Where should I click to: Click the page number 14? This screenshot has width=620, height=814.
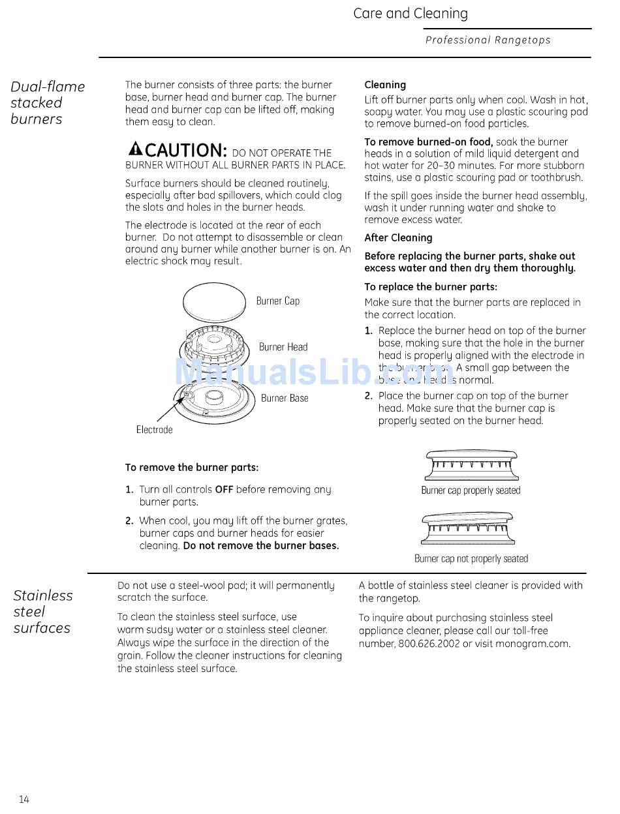(x=24, y=800)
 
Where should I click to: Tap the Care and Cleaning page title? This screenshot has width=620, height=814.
(x=410, y=14)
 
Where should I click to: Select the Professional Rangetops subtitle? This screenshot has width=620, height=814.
(x=488, y=40)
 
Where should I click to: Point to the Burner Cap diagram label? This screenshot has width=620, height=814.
(x=277, y=301)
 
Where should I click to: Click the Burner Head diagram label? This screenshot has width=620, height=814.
(x=283, y=347)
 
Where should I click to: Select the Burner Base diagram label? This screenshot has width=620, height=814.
(x=284, y=398)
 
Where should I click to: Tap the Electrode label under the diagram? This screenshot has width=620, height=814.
(x=154, y=430)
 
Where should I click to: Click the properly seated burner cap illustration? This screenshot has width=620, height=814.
(x=471, y=465)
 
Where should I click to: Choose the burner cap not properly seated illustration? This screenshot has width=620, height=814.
(x=469, y=529)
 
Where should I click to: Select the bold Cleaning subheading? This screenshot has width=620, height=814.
(x=385, y=85)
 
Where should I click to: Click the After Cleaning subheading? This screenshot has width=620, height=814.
(x=398, y=238)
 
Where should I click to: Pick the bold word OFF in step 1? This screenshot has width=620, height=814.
(x=224, y=489)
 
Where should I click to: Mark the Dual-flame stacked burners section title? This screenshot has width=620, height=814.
(x=47, y=103)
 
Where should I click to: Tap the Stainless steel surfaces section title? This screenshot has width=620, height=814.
(x=42, y=612)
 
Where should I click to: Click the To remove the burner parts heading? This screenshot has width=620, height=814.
(x=192, y=468)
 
